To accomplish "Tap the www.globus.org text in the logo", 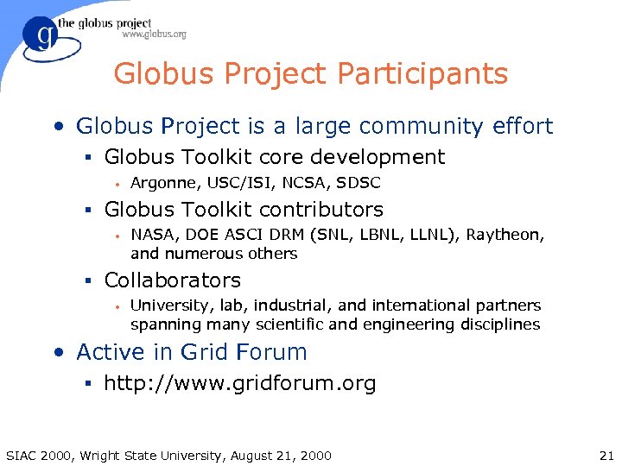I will point(154,35).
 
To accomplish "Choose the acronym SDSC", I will point(359,183).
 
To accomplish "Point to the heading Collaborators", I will point(172,280).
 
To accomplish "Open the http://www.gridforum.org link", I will point(239,383).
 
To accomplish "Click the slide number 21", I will point(605,455).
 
